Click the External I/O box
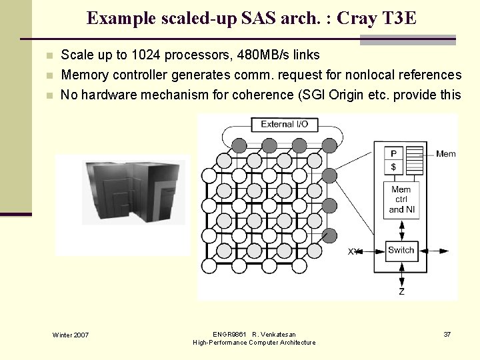[x=284, y=124]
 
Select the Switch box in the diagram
[x=401, y=251]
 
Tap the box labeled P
[x=394, y=153]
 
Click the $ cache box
[x=394, y=167]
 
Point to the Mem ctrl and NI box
[x=401, y=199]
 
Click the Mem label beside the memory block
[x=445, y=154]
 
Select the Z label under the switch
[x=401, y=291]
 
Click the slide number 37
[x=447, y=334]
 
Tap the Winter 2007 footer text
[x=71, y=335]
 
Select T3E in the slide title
[x=398, y=18]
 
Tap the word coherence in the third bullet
[x=263, y=95]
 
